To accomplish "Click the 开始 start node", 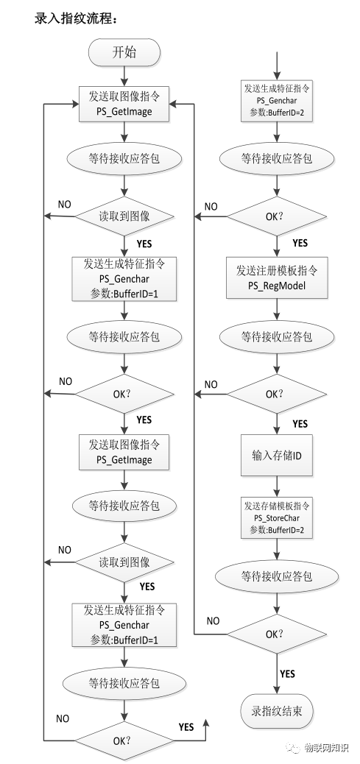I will [x=124, y=52].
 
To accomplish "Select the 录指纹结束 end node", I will [x=277, y=712].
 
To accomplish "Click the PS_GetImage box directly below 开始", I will [x=124, y=103].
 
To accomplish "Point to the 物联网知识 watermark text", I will [x=327, y=747].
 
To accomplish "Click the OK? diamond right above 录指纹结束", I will [x=277, y=633].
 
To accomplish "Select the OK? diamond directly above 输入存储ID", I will [x=277, y=395].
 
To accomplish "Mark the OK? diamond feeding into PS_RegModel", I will [x=277, y=217].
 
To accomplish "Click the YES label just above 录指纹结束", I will [x=287, y=673].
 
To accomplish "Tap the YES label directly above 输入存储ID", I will [x=300, y=424].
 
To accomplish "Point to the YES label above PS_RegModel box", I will [x=300, y=243].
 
